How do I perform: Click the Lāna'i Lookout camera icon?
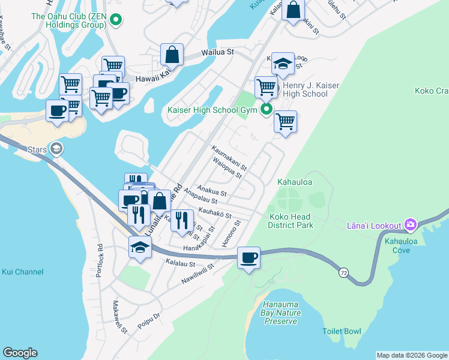tap(411, 225)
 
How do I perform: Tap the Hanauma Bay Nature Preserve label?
tap(279, 313)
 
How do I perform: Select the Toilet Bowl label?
tap(342, 331)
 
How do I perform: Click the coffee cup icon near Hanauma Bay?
tap(249, 258)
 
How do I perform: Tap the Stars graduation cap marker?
tap(56, 148)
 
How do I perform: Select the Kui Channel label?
tap(23, 272)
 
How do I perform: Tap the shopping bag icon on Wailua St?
tap(172, 55)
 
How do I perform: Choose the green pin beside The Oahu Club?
tap(115, 22)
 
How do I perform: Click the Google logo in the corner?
tap(20, 353)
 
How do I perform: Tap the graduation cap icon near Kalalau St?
tap(140, 247)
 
